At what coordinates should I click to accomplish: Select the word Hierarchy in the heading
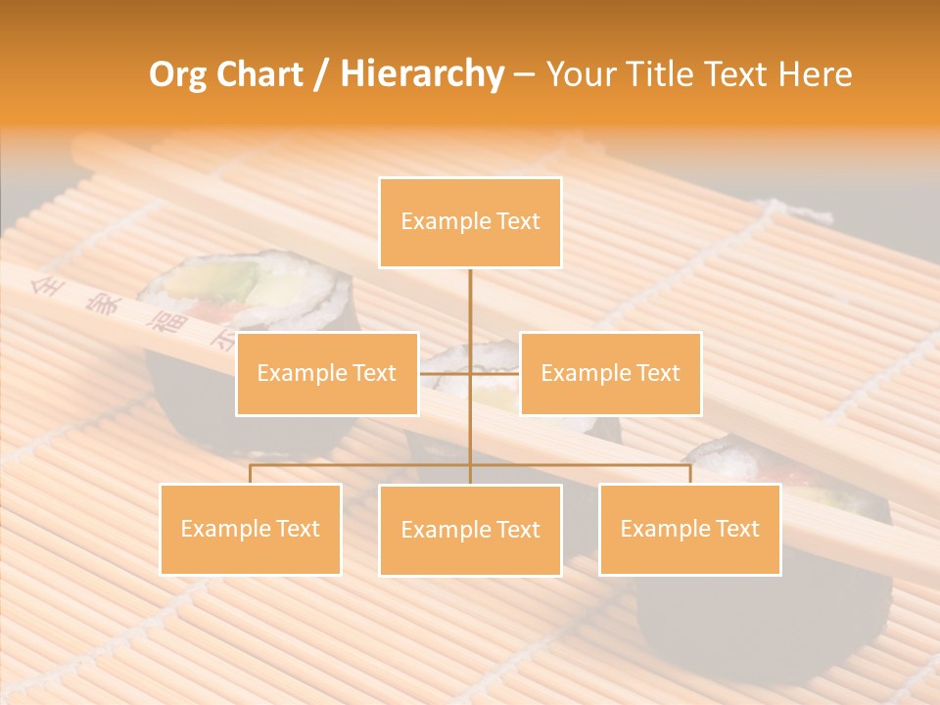click(x=422, y=74)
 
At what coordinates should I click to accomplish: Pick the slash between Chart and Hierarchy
click(x=320, y=75)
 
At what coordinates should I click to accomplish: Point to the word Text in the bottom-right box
click(x=736, y=529)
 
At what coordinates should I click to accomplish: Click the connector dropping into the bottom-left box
click(x=251, y=474)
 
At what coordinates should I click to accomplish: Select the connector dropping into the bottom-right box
click(x=690, y=474)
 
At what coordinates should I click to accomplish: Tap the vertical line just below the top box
click(x=470, y=294)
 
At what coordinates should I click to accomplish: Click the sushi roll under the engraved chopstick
click(x=245, y=294)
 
